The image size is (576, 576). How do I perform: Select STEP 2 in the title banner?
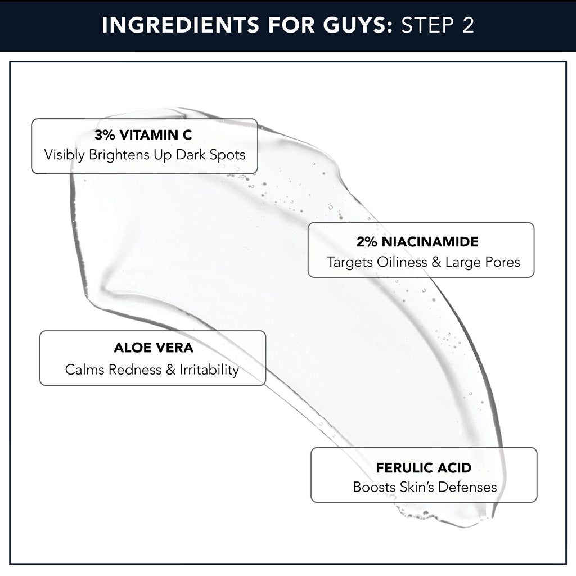(x=438, y=26)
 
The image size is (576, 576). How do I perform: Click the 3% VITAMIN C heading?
(x=143, y=135)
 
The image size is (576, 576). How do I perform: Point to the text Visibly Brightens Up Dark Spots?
(x=145, y=155)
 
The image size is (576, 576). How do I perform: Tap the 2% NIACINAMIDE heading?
(x=417, y=242)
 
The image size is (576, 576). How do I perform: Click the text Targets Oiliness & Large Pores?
(x=423, y=262)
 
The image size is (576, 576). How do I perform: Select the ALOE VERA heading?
(x=154, y=348)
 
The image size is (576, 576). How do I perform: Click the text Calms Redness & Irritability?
(x=152, y=370)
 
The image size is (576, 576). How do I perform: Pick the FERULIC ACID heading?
(x=424, y=468)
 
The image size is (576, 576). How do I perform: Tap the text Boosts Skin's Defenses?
(x=425, y=487)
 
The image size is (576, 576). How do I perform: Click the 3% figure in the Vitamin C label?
(x=104, y=135)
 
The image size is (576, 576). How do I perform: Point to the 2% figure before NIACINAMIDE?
(x=366, y=242)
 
